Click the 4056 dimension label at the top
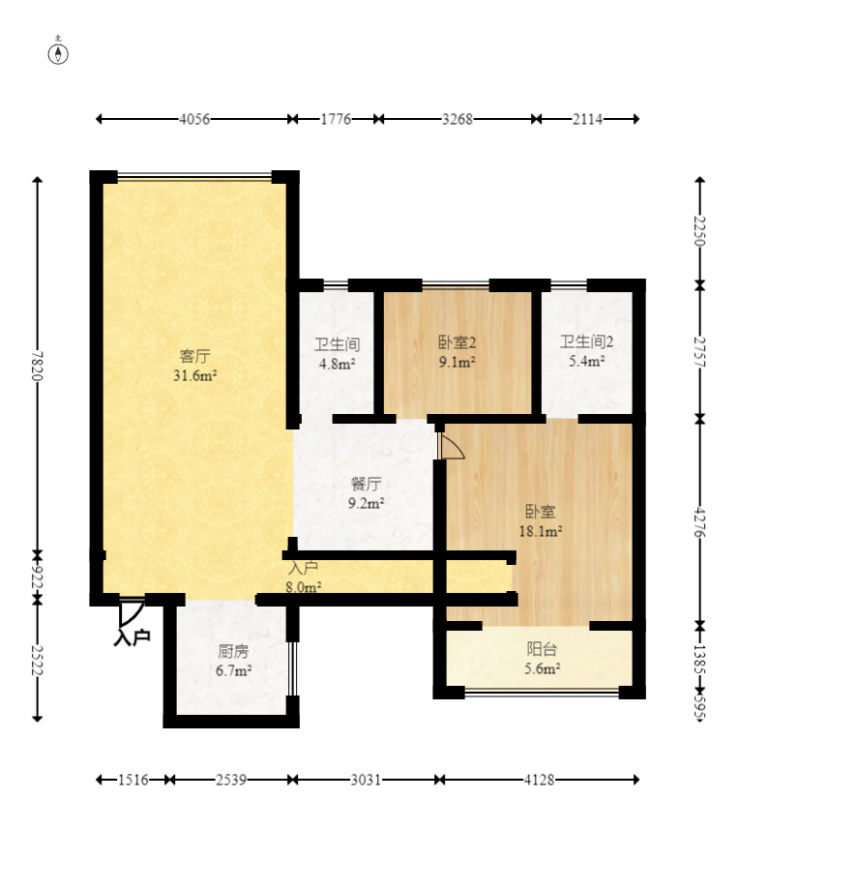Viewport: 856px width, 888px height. pyautogui.click(x=194, y=120)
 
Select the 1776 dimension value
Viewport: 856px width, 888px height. pyautogui.click(x=337, y=120)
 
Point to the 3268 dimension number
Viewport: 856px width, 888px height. pyautogui.click(x=458, y=120)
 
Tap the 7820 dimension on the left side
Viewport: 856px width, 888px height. pyautogui.click(x=38, y=366)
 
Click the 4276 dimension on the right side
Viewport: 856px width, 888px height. pyautogui.click(x=700, y=522)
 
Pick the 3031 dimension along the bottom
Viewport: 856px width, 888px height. pyautogui.click(x=366, y=780)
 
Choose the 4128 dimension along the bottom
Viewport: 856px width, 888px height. pyautogui.click(x=539, y=780)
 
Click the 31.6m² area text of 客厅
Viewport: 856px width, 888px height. pyautogui.click(x=195, y=375)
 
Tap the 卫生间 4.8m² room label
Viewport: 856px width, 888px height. pyautogui.click(x=338, y=354)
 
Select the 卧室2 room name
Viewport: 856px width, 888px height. pyautogui.click(x=458, y=342)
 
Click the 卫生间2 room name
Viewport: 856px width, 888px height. pyautogui.click(x=587, y=341)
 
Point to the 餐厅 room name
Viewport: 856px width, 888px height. pyautogui.click(x=367, y=484)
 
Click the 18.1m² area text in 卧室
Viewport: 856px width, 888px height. pyautogui.click(x=541, y=531)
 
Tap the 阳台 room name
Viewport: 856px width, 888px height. pyautogui.click(x=542, y=649)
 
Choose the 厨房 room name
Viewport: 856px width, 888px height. pyautogui.click(x=233, y=651)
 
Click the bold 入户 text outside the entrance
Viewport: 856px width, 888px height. pyautogui.click(x=132, y=637)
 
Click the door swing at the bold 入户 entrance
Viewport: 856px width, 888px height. pyautogui.click(x=132, y=611)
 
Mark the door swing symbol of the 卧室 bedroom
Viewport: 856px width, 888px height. pyautogui.click(x=451, y=446)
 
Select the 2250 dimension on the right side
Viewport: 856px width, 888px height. pyautogui.click(x=700, y=231)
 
